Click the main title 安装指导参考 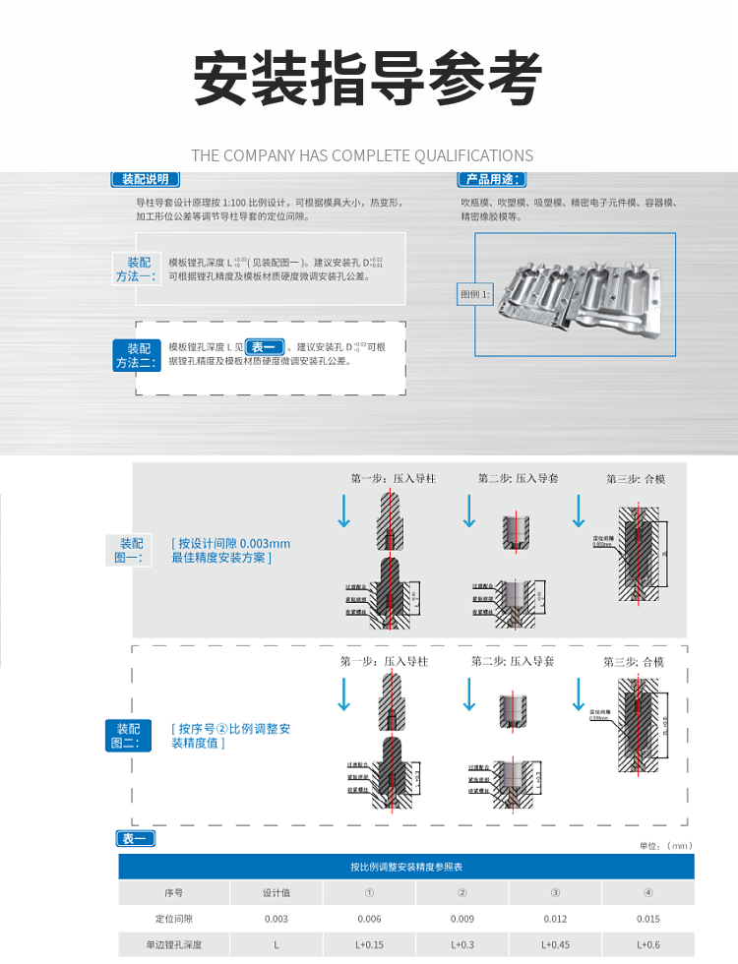(x=368, y=79)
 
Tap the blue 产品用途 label (x=491, y=179)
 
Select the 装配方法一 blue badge (x=137, y=269)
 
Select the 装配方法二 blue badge (x=137, y=355)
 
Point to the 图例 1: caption (x=474, y=294)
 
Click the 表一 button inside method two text (x=264, y=346)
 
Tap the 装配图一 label (x=131, y=550)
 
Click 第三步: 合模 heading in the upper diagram (x=636, y=478)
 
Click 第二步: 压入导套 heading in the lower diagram (x=513, y=661)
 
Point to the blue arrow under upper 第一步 (x=343, y=511)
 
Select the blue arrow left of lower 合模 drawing (x=579, y=693)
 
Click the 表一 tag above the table (x=136, y=838)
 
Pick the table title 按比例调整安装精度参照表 (x=406, y=867)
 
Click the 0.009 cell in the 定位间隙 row (x=461, y=919)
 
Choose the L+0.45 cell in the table (x=555, y=944)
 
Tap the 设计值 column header (x=277, y=893)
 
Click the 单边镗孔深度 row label (x=173, y=944)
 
